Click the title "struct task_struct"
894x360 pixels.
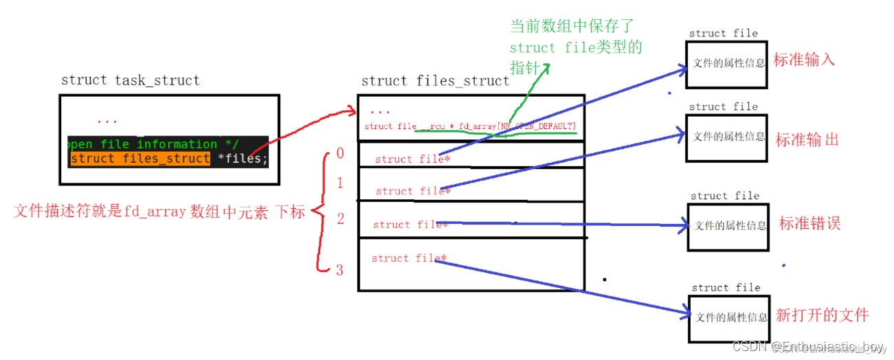pyautogui.click(x=131, y=80)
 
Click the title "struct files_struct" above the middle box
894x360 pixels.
pyautogui.click(x=435, y=81)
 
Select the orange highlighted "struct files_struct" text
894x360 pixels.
pyautogui.click(x=140, y=159)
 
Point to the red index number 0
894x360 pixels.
pyautogui.click(x=340, y=154)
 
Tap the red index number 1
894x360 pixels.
pyautogui.click(x=339, y=184)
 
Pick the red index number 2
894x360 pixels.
pyautogui.click(x=340, y=219)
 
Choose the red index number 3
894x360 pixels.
pyautogui.click(x=339, y=270)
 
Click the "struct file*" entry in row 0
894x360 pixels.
pyautogui.click(x=412, y=159)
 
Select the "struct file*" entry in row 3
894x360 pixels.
pyautogui.click(x=409, y=258)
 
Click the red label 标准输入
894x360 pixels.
pyautogui.click(x=804, y=60)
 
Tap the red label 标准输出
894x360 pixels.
pyautogui.click(x=807, y=140)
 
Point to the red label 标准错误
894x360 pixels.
pyautogui.click(x=809, y=224)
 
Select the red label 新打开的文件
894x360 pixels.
pyautogui.click(x=822, y=315)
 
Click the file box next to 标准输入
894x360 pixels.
pyautogui.click(x=726, y=64)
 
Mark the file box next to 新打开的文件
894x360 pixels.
pyautogui.click(x=729, y=318)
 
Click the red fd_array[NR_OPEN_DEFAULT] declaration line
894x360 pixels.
pyautogui.click(x=470, y=126)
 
